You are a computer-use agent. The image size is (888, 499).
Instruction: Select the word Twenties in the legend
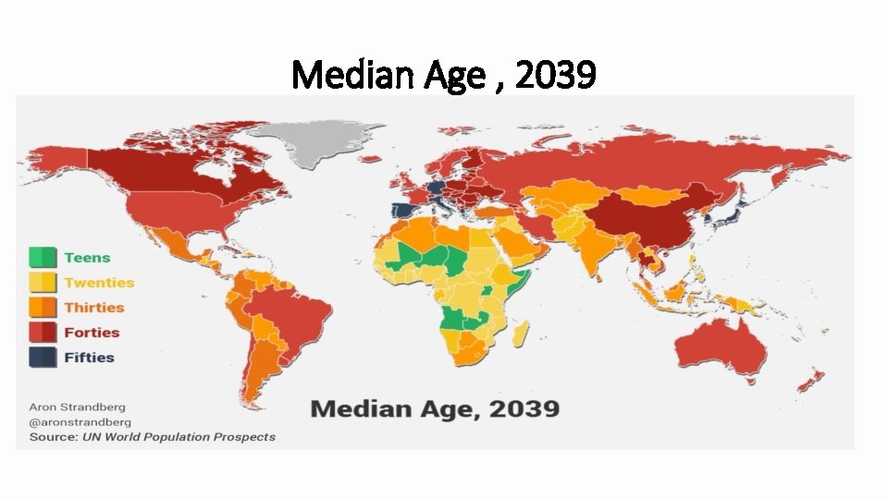pos(99,283)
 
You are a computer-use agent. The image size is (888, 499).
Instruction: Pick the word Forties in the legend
pos(92,333)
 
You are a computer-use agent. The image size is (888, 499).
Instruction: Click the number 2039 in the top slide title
pos(555,76)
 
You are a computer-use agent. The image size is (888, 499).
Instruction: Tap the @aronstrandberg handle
pos(80,421)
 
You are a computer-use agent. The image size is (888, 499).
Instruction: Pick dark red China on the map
pos(647,222)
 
